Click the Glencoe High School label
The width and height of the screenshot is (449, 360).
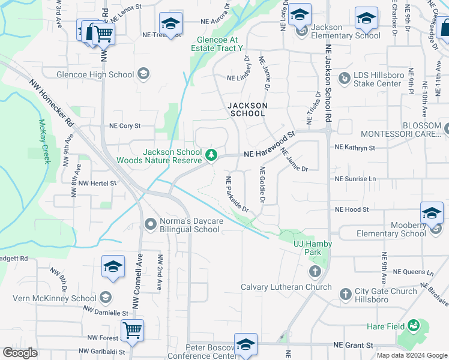point(95,74)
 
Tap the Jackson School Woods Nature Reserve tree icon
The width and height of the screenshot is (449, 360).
point(211,155)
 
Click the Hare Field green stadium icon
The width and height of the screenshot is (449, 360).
point(412,326)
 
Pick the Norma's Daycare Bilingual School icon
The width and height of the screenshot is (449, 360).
point(151,225)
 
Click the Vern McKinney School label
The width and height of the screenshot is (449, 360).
point(58,298)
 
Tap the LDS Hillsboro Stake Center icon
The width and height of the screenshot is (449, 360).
point(345,79)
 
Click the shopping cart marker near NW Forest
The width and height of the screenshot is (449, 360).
point(132,329)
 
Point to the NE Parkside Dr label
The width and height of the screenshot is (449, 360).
point(238,194)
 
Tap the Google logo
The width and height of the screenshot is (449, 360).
point(20,353)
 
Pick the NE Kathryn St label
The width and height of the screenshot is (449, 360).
point(355,147)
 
